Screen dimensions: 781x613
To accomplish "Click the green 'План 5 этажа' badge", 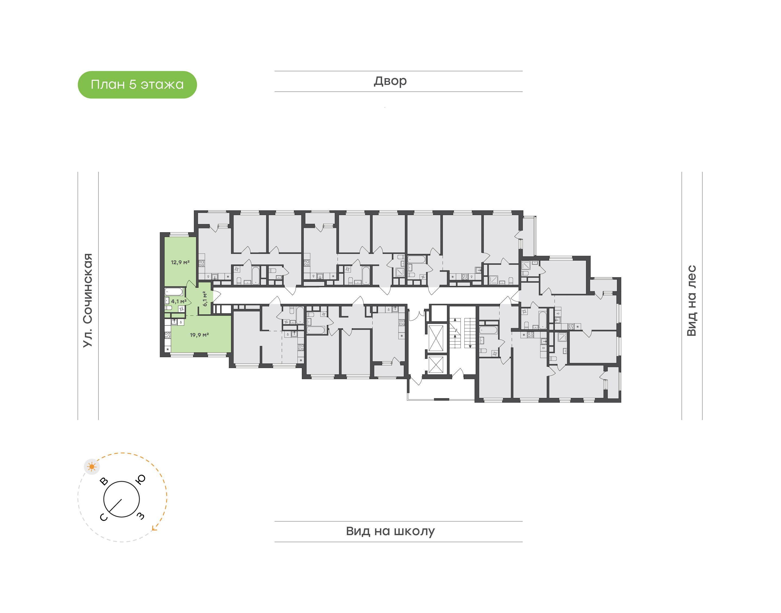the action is tap(137, 85).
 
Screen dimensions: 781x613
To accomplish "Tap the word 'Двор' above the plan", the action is tap(390, 81).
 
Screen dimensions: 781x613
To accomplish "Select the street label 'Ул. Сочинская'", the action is tap(88, 300).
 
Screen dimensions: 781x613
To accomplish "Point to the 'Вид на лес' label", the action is tap(691, 301).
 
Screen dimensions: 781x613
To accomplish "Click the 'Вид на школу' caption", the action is tap(390, 531).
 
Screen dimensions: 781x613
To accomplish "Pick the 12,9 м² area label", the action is tap(180, 262).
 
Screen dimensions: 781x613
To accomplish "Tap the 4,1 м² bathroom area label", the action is tap(179, 301).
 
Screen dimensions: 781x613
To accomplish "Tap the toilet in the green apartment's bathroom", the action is tap(168, 308).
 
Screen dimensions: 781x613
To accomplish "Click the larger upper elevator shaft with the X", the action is tap(436, 337).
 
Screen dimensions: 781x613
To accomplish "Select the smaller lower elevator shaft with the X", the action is tap(436, 365).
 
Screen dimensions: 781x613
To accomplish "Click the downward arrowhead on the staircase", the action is tap(470, 346).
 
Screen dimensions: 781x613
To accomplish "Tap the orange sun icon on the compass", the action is tap(92, 467).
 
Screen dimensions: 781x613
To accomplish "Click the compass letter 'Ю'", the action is tap(141, 480).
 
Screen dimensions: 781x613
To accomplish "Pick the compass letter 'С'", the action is tap(103, 517).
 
